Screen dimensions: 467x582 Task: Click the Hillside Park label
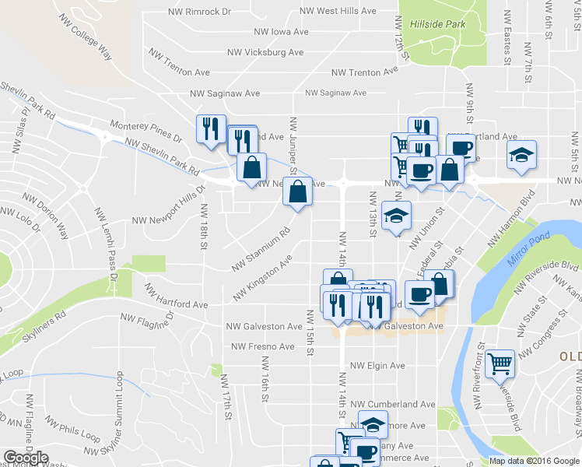point(437,25)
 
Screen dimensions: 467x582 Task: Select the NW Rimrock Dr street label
point(201,12)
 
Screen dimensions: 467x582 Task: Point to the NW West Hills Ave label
point(336,12)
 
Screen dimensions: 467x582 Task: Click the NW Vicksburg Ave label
point(265,52)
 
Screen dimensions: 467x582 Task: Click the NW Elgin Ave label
point(377,365)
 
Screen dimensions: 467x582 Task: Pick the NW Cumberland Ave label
point(393,405)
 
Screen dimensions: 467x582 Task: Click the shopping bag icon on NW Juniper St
point(297,191)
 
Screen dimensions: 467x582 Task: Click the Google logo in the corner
point(26,458)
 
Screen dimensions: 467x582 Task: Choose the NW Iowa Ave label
point(281,32)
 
